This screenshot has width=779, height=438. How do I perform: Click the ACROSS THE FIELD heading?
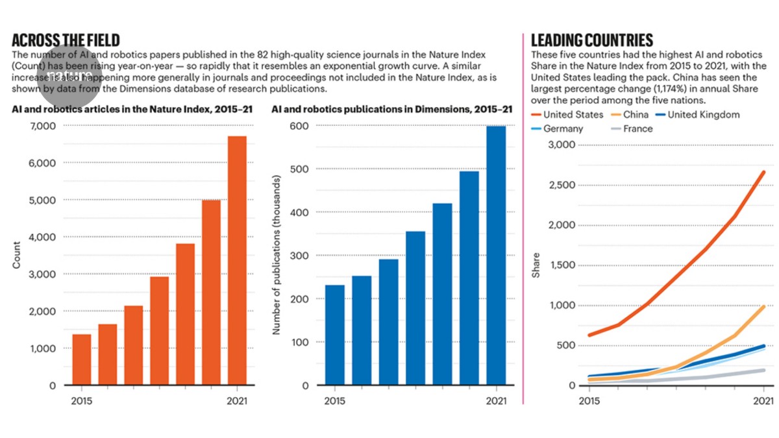tap(66, 40)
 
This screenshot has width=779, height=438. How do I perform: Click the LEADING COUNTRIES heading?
tap(592, 40)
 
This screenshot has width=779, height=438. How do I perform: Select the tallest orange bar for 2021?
tap(237, 260)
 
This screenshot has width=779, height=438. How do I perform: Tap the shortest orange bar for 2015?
tap(82, 359)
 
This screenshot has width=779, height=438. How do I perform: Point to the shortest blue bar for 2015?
tap(335, 335)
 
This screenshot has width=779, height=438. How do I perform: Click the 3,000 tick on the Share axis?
tap(562, 144)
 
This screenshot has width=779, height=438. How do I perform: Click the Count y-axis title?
tap(16, 255)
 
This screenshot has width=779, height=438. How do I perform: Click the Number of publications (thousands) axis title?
tap(276, 255)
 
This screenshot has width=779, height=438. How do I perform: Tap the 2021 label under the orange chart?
tap(237, 401)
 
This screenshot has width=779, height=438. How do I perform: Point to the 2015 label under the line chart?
tap(589, 401)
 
